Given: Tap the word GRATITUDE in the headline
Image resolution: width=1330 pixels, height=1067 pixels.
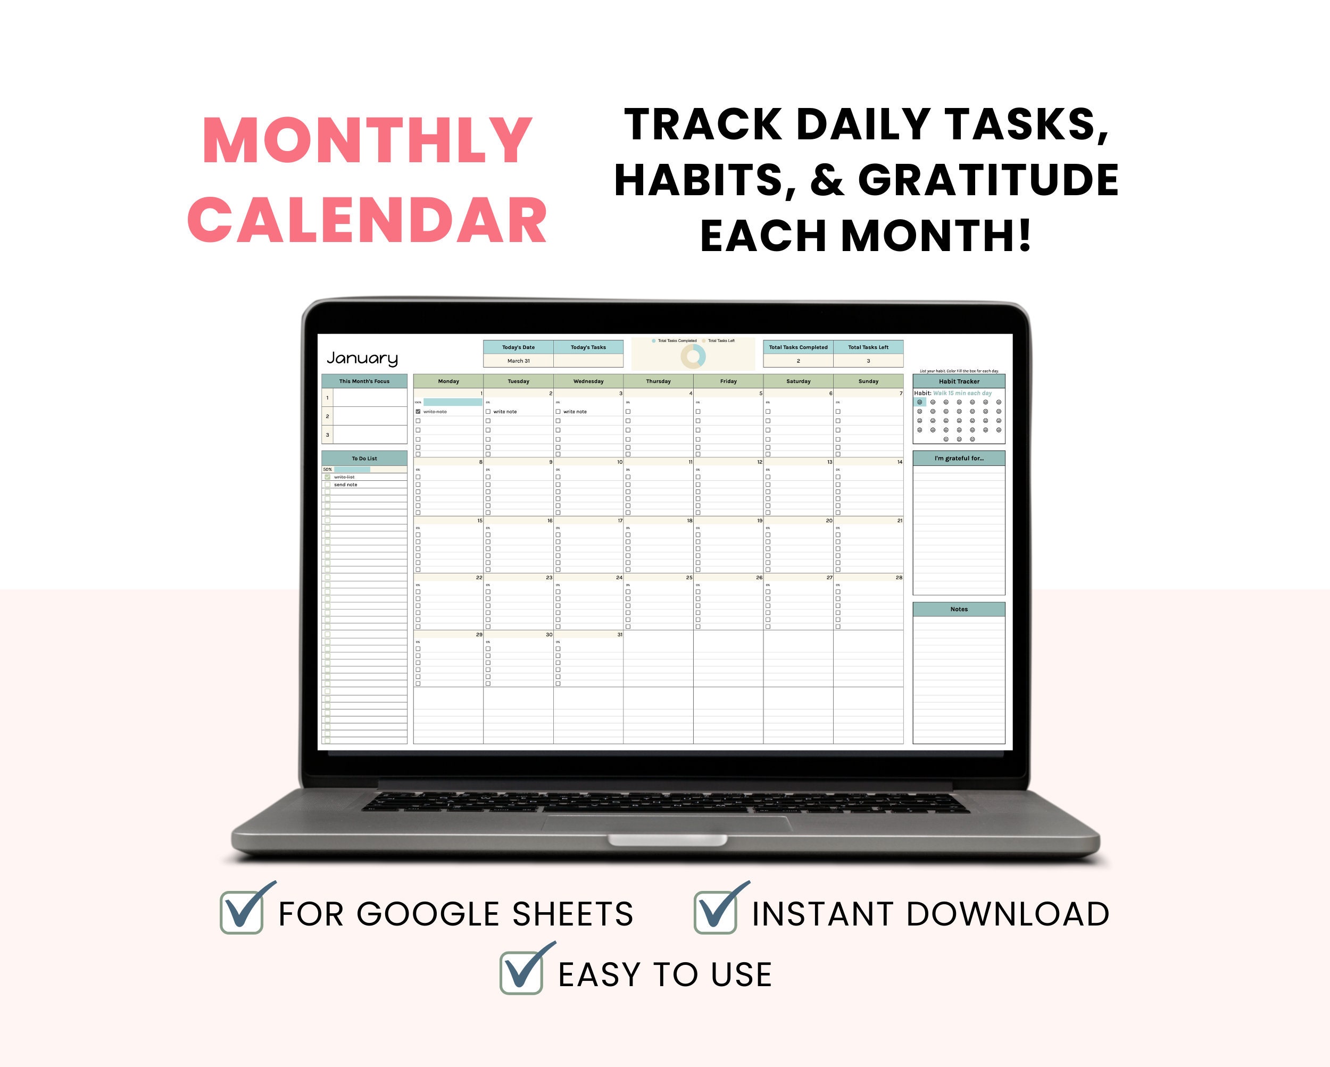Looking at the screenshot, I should tap(988, 180).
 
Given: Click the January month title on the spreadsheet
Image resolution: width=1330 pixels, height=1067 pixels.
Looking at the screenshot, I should tap(362, 358).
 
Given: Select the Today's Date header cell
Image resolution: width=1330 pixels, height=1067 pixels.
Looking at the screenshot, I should tap(518, 347).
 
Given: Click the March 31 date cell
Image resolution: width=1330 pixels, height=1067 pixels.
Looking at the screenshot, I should tap(518, 361).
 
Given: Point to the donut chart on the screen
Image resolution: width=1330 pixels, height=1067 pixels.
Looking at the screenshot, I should tap(693, 356).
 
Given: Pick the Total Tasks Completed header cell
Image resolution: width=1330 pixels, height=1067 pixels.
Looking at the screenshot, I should tap(798, 347).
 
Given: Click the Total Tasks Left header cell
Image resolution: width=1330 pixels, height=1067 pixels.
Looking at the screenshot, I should tap(868, 347).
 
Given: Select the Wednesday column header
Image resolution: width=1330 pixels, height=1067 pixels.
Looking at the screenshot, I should tap(588, 381).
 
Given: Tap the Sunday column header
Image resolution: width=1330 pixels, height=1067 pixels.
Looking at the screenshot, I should tap(868, 381).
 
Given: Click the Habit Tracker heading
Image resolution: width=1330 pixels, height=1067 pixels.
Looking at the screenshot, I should tap(959, 381).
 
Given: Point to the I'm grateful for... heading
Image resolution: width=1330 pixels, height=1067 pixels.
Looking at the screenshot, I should tap(959, 459).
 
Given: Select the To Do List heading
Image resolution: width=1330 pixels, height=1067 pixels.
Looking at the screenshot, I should tap(364, 459).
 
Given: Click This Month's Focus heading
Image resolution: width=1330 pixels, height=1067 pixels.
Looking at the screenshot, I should tap(364, 381).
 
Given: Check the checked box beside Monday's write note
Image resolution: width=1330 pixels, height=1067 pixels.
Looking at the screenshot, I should tap(418, 411).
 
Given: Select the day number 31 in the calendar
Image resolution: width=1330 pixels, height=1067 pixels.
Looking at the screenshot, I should tap(619, 635).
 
